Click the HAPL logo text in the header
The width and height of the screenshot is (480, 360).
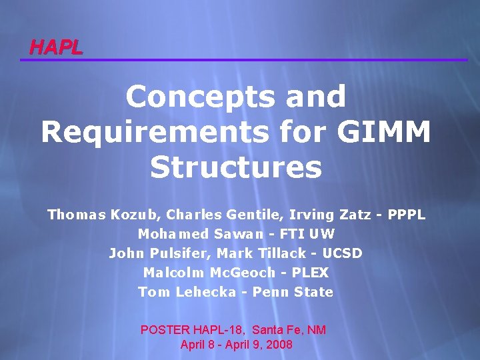[56, 47]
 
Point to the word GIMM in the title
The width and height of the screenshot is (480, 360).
[384, 132]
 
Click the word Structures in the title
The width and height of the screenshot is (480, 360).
[237, 167]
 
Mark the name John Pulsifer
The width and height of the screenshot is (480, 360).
[152, 254]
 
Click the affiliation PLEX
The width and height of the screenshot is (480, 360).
[310, 273]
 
